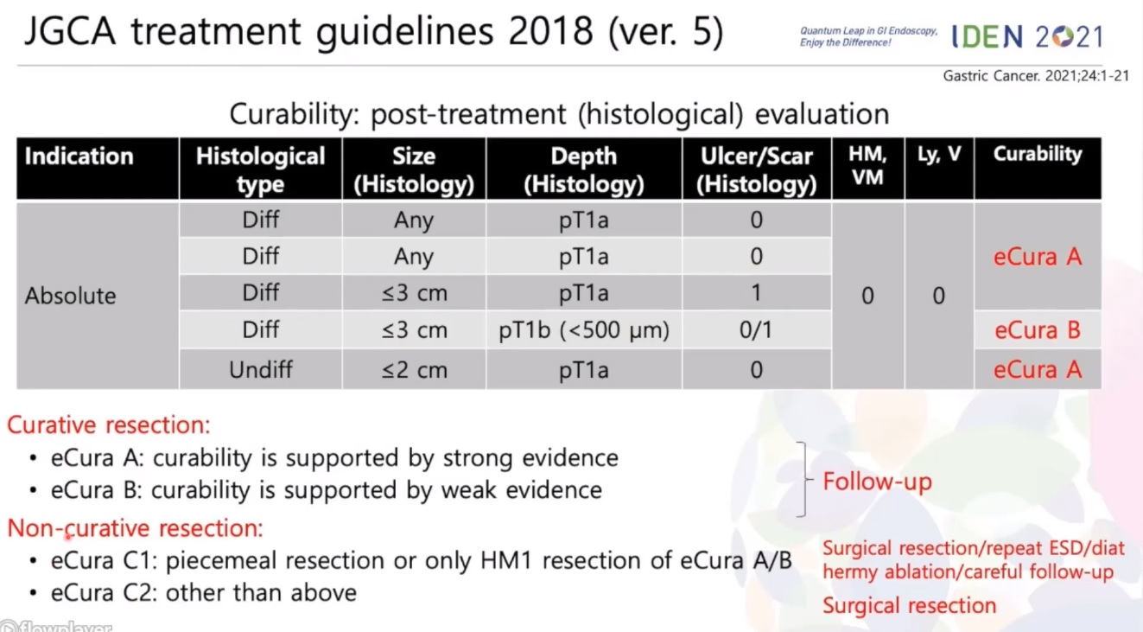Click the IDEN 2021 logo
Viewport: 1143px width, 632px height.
click(1026, 37)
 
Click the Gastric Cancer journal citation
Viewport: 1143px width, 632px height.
click(1035, 76)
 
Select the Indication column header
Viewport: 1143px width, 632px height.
click(79, 156)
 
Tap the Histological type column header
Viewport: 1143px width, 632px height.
click(260, 169)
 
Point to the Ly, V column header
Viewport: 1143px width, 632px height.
click(939, 154)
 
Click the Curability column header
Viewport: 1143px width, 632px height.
click(1038, 154)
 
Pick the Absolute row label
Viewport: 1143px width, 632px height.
click(71, 296)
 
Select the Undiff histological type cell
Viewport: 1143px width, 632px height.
click(260, 369)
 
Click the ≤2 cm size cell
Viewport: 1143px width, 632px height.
click(415, 369)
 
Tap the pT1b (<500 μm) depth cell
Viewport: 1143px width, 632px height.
click(584, 330)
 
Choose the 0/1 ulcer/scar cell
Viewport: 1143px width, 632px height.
click(756, 330)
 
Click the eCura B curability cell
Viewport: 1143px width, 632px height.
click(1038, 330)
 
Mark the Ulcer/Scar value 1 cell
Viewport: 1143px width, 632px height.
click(756, 293)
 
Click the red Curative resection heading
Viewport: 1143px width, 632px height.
click(109, 425)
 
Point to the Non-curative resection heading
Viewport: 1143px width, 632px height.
click(136, 528)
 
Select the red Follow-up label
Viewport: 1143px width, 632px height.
click(878, 482)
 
